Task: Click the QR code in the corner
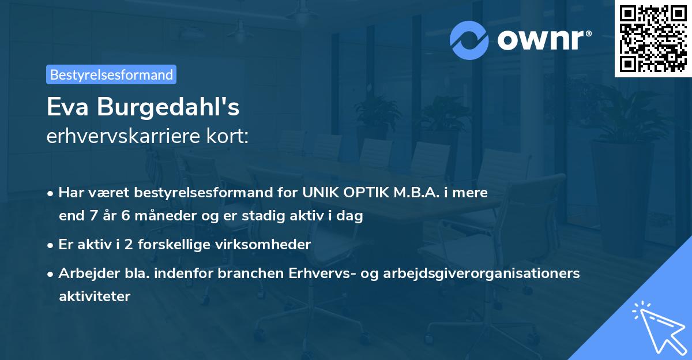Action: click(x=653, y=39)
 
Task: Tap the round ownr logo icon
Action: click(x=469, y=40)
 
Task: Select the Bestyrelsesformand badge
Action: click(x=111, y=74)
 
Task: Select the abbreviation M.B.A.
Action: click(x=415, y=192)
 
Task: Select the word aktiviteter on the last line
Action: click(x=95, y=297)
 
